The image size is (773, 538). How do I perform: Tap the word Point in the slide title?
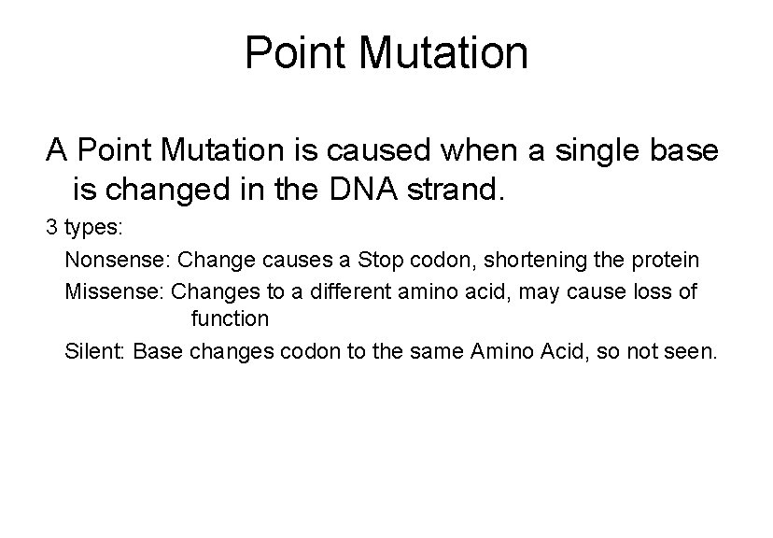point(298,53)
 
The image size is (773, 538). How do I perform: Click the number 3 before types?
point(52,227)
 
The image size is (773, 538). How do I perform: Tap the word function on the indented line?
point(229,319)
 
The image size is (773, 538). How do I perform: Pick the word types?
point(87,227)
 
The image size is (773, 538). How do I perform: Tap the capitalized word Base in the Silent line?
point(156,352)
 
